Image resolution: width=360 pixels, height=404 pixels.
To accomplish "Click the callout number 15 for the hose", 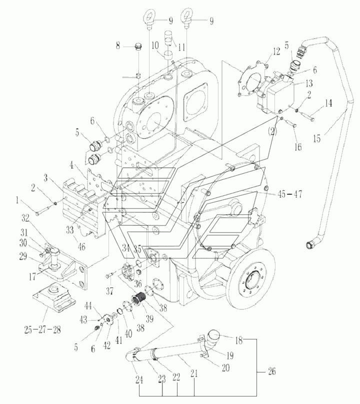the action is click(317, 139).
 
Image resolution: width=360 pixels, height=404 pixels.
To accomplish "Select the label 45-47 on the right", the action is click(289, 194).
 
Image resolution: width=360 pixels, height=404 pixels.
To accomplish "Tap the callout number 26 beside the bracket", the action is click(271, 371).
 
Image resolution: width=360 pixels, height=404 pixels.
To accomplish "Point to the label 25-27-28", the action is click(42, 329).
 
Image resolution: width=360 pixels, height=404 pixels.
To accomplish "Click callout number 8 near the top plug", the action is click(118, 46).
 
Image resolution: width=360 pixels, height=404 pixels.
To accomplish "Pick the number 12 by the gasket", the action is click(276, 52).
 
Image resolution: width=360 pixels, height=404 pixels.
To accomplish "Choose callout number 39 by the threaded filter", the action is click(149, 318).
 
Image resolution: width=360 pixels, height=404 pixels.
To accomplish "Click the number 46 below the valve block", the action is click(81, 247).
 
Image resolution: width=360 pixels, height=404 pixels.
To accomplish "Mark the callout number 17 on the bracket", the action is click(32, 276).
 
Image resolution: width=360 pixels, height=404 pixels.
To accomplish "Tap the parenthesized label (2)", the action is click(272, 132).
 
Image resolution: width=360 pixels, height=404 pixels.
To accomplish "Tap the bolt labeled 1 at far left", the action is click(44, 210).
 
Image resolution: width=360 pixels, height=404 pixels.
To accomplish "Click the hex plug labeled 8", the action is click(138, 48).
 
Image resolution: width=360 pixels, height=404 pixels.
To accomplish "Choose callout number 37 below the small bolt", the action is click(109, 291).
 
